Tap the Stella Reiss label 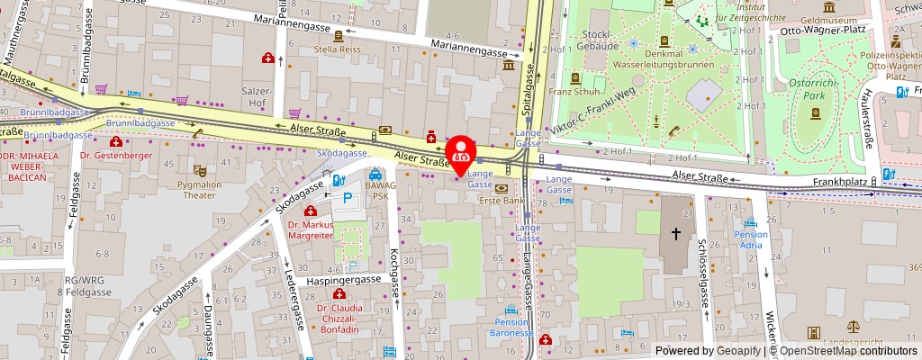(x=338, y=49)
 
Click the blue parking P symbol (x=347, y=199)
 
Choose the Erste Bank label (x=501, y=200)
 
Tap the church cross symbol (x=675, y=232)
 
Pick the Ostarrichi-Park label (x=815, y=91)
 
